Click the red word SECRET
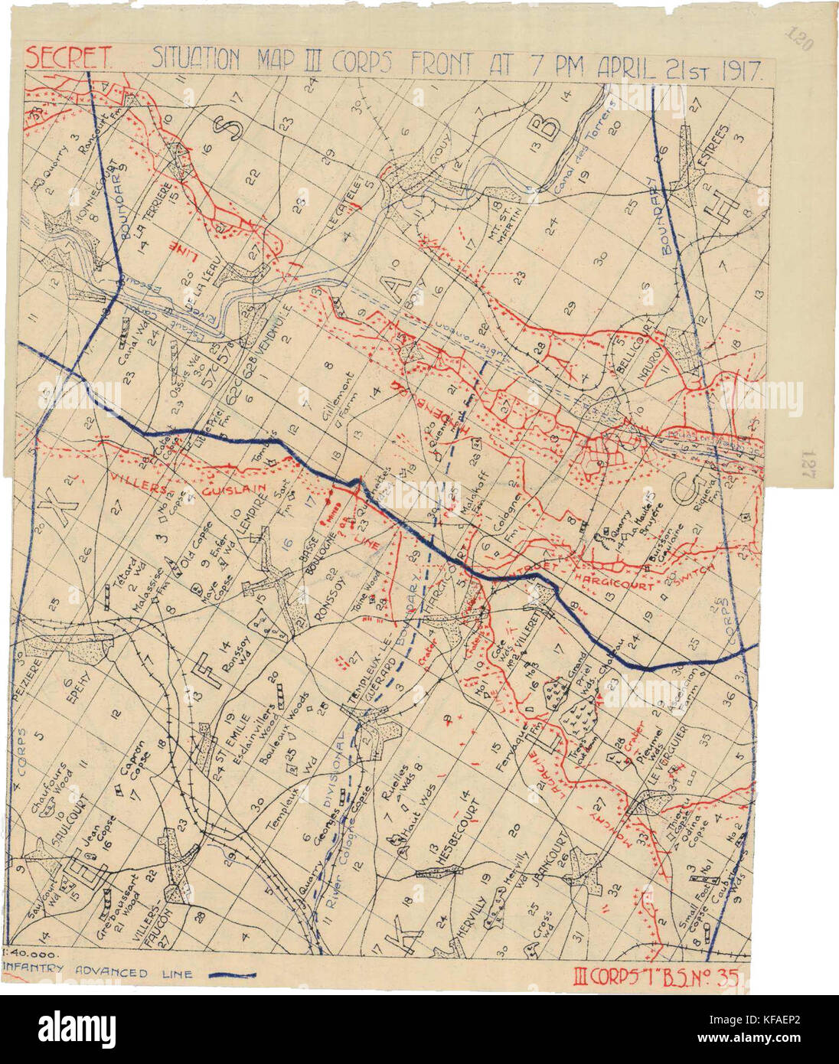(70, 57)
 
